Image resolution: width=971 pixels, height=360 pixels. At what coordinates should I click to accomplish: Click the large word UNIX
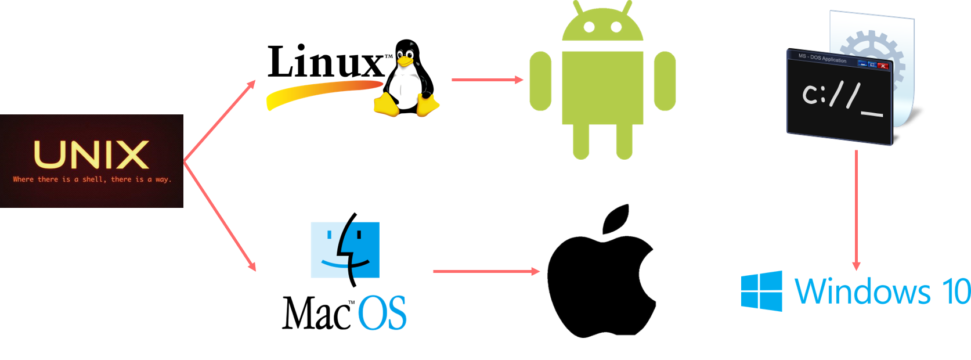tap(91, 154)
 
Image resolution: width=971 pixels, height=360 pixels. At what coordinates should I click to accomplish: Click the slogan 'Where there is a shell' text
tap(92, 179)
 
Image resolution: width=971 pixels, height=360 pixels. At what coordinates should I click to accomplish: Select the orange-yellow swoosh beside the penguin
tap(322, 93)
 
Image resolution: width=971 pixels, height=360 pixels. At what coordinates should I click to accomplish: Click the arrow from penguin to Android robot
tap(487, 80)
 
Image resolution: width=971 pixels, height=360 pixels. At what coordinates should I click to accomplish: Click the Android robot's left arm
tap(540, 81)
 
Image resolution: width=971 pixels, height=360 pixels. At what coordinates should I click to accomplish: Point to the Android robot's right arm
tap(665, 81)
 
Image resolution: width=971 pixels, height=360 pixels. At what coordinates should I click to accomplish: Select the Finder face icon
tap(345, 250)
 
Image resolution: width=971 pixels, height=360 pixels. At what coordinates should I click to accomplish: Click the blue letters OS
tap(382, 313)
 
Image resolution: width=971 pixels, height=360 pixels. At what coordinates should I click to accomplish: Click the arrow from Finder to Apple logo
tap(486, 271)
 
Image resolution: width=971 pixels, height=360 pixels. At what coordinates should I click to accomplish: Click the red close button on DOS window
tap(883, 66)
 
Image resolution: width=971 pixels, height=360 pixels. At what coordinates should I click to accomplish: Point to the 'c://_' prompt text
tap(842, 99)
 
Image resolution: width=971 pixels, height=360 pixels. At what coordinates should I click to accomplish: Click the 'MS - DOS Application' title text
tap(822, 58)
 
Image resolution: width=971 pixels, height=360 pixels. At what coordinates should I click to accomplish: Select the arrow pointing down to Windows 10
tap(856, 209)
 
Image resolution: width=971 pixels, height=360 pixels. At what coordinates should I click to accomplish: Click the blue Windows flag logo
tap(761, 291)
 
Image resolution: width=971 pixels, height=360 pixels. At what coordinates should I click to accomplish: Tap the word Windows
tap(862, 291)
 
